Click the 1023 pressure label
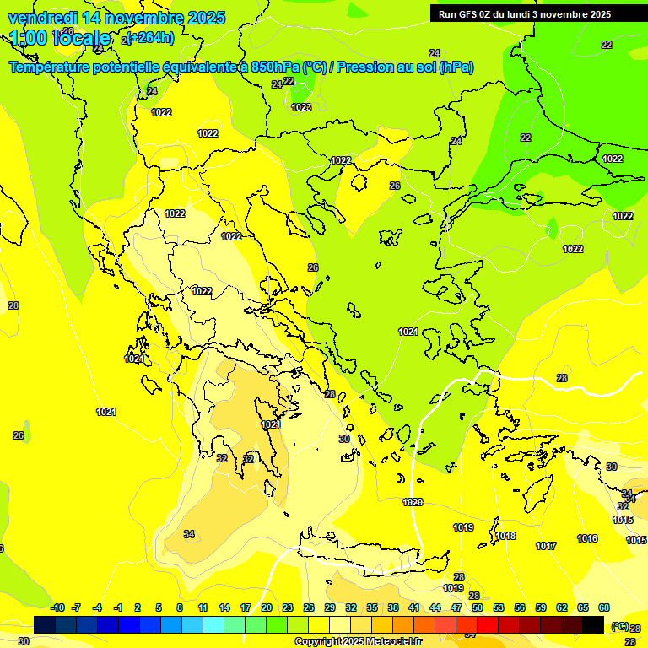coord(301,107)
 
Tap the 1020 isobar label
coord(413,502)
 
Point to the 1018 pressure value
coord(505,536)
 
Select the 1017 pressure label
coord(546,546)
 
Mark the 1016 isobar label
coord(587,538)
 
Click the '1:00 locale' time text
coord(60,38)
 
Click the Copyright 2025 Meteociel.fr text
coord(358,641)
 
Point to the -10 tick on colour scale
coord(57,607)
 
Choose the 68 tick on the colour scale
coord(604,607)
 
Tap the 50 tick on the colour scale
coord(478,607)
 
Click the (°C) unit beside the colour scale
coord(619,626)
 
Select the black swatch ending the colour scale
coord(593,624)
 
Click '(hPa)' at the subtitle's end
coord(456,67)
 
